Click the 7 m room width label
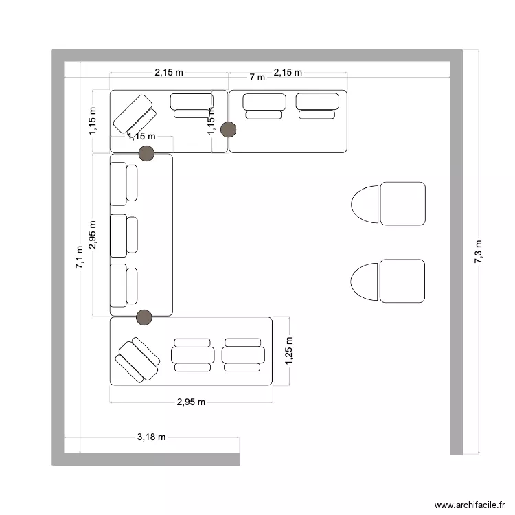tap(257, 77)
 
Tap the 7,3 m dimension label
tap(478, 251)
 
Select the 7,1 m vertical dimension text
tap(80, 257)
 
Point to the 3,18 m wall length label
tap(151, 437)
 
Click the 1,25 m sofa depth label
tap(288, 350)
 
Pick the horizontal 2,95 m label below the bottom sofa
tap(191, 402)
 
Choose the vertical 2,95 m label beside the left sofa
tap(93, 235)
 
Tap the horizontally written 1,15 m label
tap(141, 136)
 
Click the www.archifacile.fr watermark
tap(470, 505)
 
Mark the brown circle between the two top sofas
tap(228, 129)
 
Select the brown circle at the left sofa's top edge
tap(146, 153)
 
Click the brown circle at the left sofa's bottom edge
tap(144, 317)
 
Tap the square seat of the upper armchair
tap(402, 204)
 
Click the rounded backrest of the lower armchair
tap(365, 282)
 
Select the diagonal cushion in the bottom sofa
tap(137, 360)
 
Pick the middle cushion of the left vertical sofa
tap(124, 236)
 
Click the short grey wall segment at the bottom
tap(146, 459)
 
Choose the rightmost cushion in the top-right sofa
tap(317, 106)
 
